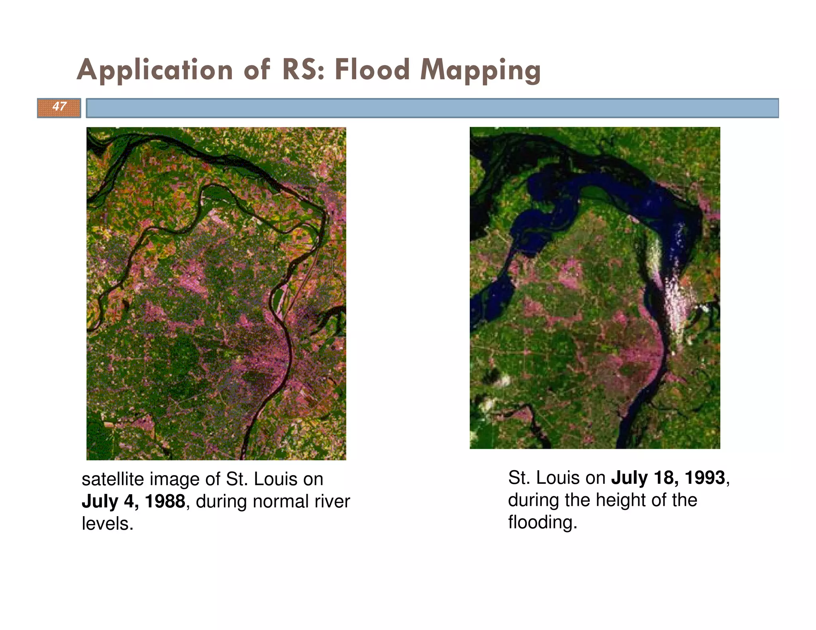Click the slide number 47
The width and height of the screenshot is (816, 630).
point(59,106)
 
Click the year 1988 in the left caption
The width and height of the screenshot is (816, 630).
point(165,501)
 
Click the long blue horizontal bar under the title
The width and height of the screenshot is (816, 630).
point(432,108)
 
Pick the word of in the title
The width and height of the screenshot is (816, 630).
point(257,70)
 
